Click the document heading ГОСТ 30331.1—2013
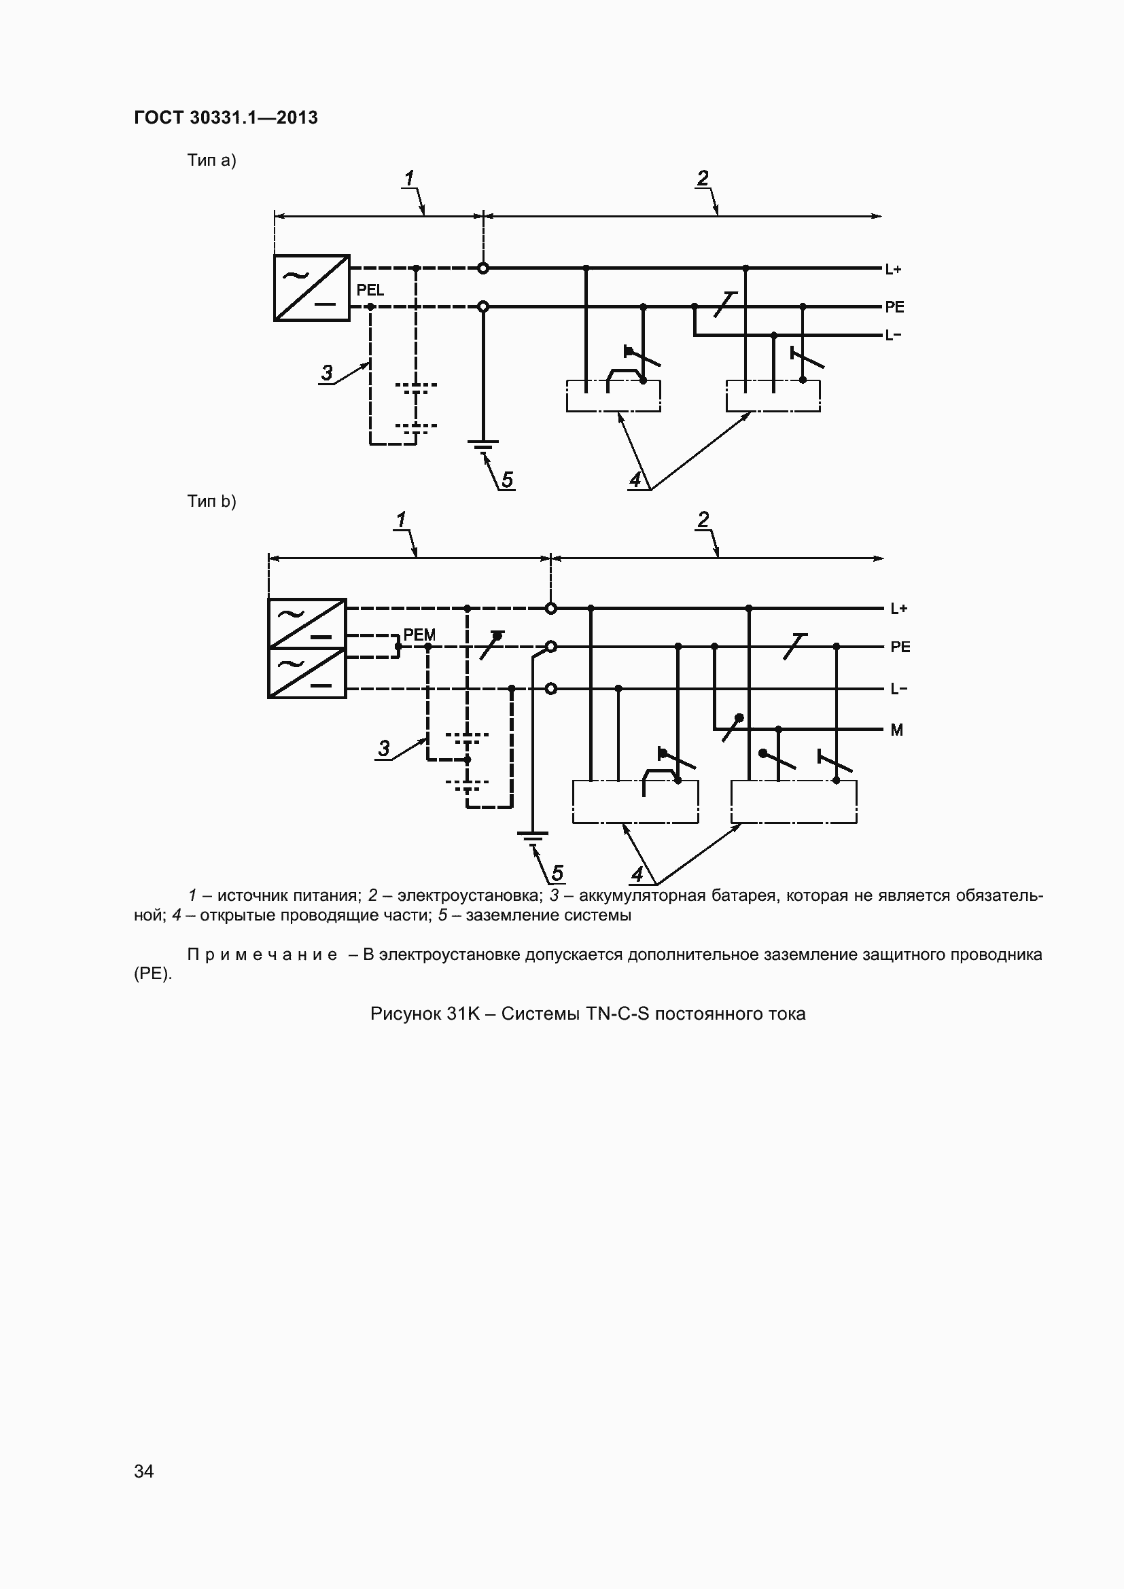pos(226,118)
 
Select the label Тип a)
pos(212,160)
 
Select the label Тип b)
pos(212,501)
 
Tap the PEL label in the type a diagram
pos(370,290)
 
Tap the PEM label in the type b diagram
pos(419,635)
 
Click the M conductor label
pos(897,730)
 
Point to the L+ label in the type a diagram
pos(894,269)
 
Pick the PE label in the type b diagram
pos(900,647)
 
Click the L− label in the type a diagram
pos(894,336)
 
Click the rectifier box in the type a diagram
pos(311,288)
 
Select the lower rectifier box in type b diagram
pos(306,673)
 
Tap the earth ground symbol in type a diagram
pos(483,446)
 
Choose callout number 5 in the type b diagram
pos(557,873)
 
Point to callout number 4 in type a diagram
pos(635,479)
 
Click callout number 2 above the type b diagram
pos(704,520)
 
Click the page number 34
pos(144,1471)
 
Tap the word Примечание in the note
pos(262,955)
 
